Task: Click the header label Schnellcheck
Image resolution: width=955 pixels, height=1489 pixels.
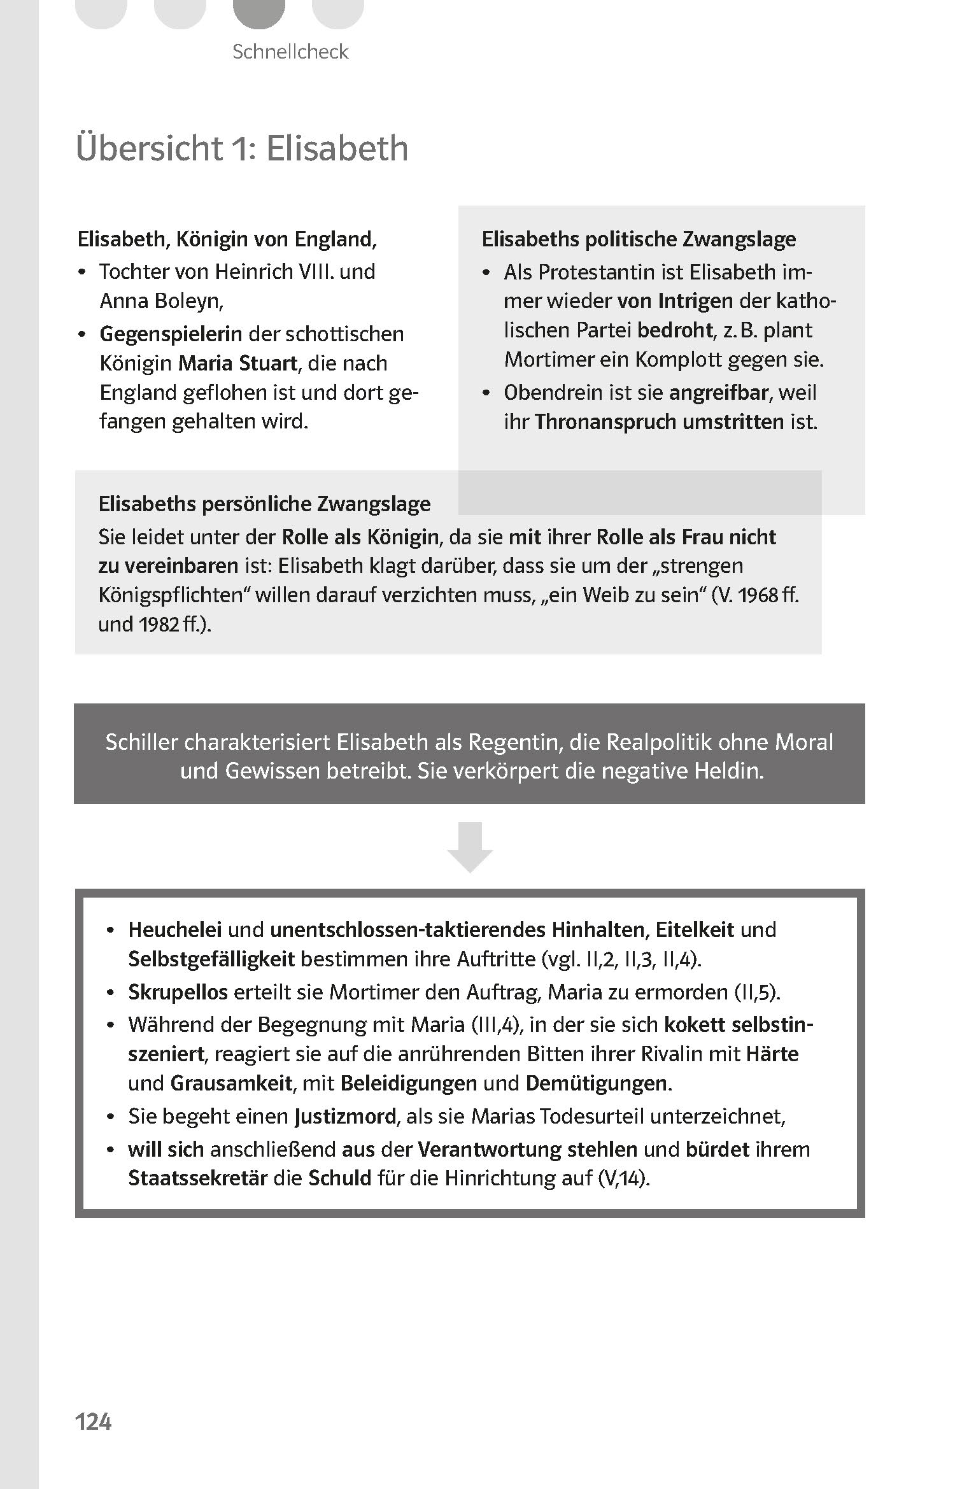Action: pos(290,52)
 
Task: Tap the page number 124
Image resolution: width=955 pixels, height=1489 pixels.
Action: pos(94,1422)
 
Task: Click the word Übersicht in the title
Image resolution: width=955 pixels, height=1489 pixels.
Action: pos(148,148)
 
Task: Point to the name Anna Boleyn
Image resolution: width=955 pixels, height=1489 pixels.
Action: pos(161,301)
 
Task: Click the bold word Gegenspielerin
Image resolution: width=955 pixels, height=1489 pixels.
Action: pos(171,334)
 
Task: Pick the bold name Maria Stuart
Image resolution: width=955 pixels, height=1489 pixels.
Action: pos(237,363)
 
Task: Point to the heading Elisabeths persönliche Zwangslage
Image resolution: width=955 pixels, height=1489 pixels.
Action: pos(264,504)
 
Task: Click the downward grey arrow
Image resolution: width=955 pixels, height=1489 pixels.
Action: pos(470,846)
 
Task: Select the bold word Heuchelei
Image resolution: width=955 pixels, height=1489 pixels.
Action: pos(175,930)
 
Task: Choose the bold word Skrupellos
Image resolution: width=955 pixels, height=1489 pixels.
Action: pos(178,992)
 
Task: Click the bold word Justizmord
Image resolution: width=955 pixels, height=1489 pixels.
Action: pos(344,1117)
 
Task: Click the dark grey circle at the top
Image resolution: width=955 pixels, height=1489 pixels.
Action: pos(258,13)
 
